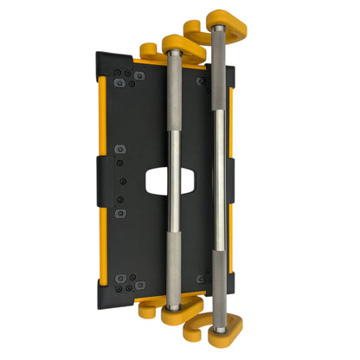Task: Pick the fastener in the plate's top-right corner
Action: pyautogui.click(x=202, y=81)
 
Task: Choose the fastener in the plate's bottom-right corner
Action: pyautogui.click(x=202, y=278)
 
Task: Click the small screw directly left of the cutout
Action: pyautogui.click(x=124, y=180)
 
